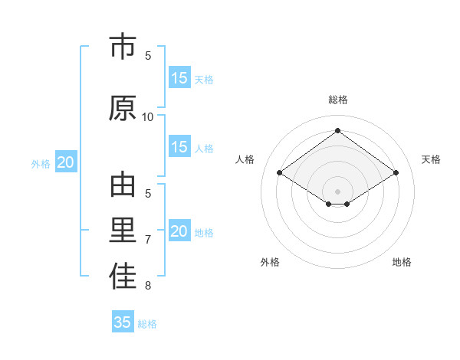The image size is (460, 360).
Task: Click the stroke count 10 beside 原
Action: [x=148, y=116]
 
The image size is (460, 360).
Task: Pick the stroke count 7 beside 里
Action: [x=148, y=240]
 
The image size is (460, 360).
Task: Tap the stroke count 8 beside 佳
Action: [x=148, y=286]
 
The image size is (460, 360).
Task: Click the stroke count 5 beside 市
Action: [x=148, y=55]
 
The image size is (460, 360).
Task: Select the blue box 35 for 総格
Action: [x=123, y=322]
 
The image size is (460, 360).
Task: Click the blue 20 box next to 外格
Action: [x=66, y=162]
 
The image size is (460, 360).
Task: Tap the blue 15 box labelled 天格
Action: [x=179, y=77]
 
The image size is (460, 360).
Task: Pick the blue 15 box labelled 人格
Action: [x=179, y=147]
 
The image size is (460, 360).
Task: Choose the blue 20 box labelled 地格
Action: [x=179, y=231]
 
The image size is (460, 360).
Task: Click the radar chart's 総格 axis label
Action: [x=338, y=100]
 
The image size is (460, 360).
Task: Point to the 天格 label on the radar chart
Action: [x=431, y=159]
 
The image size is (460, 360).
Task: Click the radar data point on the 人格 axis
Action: [x=280, y=173]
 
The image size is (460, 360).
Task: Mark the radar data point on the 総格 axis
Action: [x=338, y=131]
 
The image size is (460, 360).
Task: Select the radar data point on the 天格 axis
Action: [x=396, y=173]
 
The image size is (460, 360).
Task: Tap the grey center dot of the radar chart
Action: [x=338, y=191]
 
